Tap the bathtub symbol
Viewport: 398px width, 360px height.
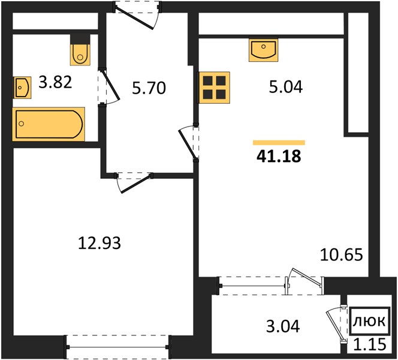coord(49,124)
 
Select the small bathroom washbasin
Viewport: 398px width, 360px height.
coord(22,88)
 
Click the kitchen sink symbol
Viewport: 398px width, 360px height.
coord(264,50)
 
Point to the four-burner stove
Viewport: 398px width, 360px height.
coord(215,88)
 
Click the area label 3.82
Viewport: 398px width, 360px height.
coord(55,82)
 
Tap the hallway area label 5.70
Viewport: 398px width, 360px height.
coord(149,88)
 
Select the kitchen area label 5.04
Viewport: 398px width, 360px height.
coord(286,87)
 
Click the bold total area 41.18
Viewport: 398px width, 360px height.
coord(279,156)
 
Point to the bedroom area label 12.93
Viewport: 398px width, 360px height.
coord(99,243)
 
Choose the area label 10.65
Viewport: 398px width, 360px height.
coord(342,255)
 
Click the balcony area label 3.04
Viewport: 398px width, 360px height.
coord(283,326)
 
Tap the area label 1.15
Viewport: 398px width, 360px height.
coord(370,345)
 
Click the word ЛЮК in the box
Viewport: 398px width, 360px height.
coord(370,322)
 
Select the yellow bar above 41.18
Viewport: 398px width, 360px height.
coord(279,143)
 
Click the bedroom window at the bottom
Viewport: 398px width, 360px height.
coord(117,347)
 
